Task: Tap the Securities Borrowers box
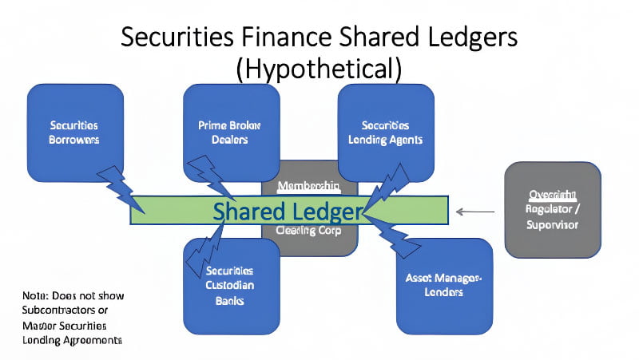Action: coord(74,132)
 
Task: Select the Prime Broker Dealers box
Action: coord(231,132)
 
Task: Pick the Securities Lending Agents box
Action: coord(385,132)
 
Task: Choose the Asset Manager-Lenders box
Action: coord(444,286)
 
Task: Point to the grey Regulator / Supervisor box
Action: coord(553,209)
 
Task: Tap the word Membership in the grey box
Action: coord(309,185)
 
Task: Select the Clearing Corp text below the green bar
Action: coord(309,231)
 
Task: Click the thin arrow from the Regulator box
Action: coord(476,212)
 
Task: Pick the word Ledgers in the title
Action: coord(463,37)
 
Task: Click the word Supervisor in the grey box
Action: coord(553,224)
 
